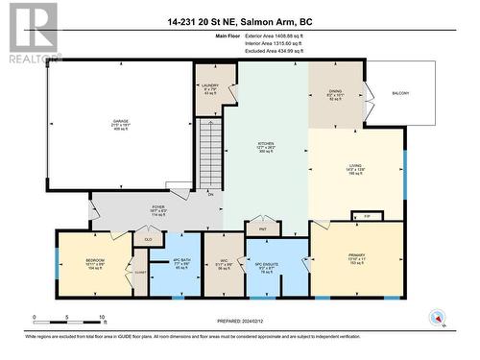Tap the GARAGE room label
coord(122,121)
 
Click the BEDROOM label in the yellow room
coord(94,261)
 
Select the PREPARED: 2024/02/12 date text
coord(239,321)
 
